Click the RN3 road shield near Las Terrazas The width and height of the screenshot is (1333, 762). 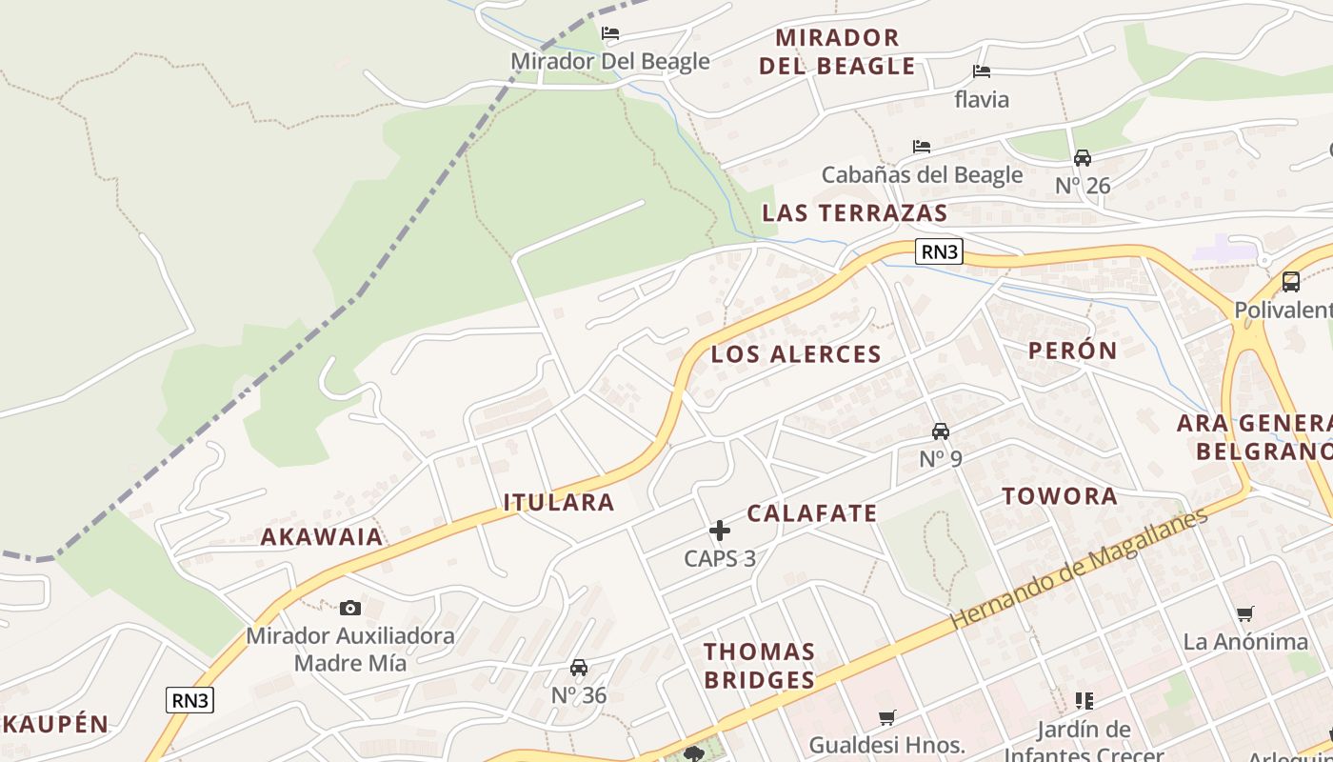[x=939, y=251]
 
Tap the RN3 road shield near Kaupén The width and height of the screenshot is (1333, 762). [x=190, y=700]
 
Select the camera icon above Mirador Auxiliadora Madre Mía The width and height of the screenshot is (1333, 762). [x=350, y=608]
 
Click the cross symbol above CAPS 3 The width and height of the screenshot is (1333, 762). [x=720, y=531]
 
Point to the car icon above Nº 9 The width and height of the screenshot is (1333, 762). [x=941, y=431]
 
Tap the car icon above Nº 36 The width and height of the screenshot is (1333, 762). [x=579, y=668]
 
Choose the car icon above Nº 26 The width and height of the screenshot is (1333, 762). [x=1083, y=158]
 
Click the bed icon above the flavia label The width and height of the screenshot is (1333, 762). [x=982, y=71]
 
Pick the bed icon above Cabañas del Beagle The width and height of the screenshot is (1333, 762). [x=922, y=147]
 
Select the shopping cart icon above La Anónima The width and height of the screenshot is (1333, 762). [x=1245, y=614]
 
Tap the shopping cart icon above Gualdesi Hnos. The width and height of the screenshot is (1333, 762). [x=887, y=717]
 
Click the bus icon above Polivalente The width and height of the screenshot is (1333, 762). [x=1291, y=282]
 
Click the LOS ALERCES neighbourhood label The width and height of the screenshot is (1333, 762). [x=796, y=354]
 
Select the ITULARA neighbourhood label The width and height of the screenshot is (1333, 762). [x=559, y=502]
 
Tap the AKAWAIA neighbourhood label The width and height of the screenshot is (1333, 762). [x=322, y=536]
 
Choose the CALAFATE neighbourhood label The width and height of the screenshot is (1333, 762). [x=812, y=513]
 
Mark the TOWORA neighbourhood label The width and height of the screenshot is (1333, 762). [x=1060, y=495]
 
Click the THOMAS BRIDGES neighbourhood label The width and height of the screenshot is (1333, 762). [x=760, y=666]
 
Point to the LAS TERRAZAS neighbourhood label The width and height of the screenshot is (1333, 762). [x=855, y=212]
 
